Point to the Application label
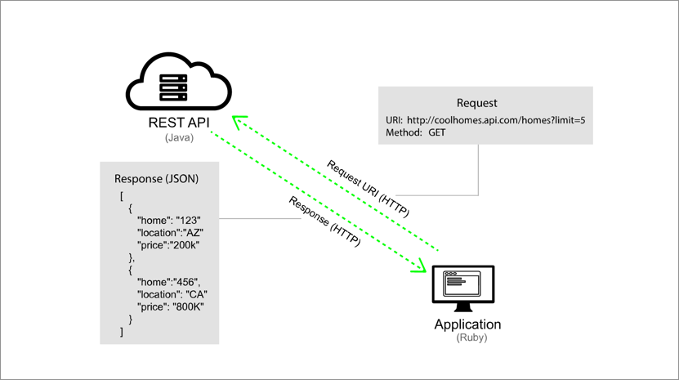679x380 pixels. click(467, 324)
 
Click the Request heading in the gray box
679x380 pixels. click(477, 103)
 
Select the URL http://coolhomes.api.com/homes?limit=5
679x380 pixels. click(499, 120)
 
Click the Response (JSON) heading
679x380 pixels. click(156, 179)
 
